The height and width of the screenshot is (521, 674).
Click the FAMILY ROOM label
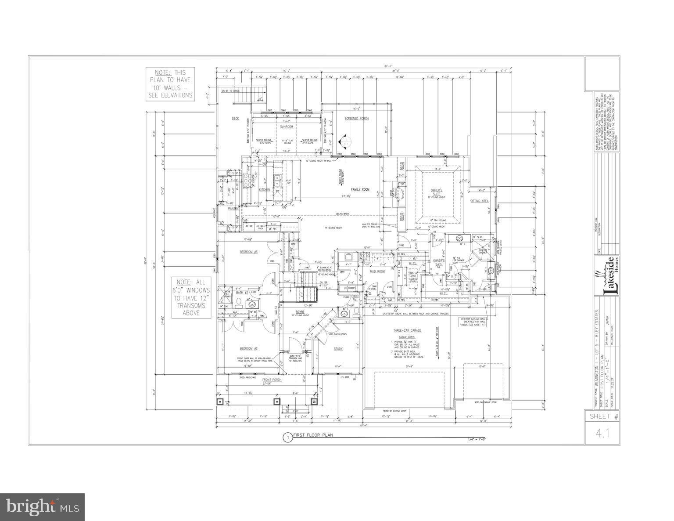(360, 190)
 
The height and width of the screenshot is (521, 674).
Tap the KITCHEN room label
(264, 190)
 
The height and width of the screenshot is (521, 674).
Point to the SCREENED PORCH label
(356, 119)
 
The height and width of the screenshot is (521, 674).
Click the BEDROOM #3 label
(248, 252)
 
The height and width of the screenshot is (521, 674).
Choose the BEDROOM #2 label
(248, 348)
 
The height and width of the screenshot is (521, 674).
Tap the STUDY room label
(338, 349)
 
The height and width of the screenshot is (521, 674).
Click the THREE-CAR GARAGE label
(406, 331)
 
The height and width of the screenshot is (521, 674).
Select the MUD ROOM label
(377, 271)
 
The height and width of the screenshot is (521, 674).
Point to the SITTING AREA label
(479, 201)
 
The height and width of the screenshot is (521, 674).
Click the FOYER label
(300, 312)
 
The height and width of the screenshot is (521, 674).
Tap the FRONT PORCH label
(272, 380)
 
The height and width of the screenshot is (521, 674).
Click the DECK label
(235, 119)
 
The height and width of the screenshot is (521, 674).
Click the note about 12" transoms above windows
(191, 298)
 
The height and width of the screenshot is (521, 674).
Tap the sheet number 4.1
(602, 434)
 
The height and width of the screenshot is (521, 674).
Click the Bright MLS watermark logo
(43, 506)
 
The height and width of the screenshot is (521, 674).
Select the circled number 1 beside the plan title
(287, 437)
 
